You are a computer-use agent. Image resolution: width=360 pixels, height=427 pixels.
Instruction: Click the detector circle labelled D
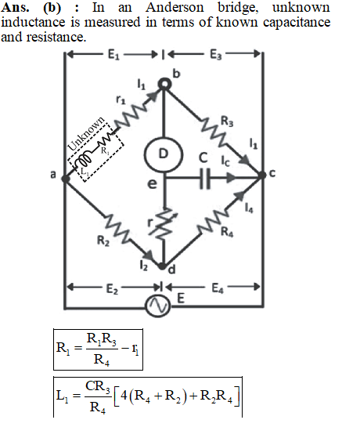tap(164, 154)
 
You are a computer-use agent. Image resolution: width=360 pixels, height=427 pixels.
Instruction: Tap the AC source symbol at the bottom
tap(158, 306)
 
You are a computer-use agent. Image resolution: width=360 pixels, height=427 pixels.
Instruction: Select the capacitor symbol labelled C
tap(204, 179)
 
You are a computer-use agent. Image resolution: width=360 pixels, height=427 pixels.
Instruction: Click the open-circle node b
tap(164, 84)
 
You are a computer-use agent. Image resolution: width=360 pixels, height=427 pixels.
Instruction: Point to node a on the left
tap(65, 179)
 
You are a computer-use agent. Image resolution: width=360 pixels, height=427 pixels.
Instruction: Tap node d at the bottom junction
tap(163, 266)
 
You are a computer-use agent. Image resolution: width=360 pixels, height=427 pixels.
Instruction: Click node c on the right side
tap(261, 175)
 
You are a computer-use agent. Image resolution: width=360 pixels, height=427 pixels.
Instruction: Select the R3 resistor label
tap(227, 121)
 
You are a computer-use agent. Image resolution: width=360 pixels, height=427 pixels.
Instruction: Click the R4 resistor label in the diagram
tap(227, 232)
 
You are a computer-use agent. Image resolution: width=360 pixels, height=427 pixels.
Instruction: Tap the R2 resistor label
tap(103, 241)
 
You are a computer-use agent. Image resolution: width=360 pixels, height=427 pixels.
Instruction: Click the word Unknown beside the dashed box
tap(86, 134)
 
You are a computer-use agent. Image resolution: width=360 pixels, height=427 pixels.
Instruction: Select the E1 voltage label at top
tap(113, 55)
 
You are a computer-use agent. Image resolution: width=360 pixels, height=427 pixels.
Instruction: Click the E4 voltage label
tap(218, 288)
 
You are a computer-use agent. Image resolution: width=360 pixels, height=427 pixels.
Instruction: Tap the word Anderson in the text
tap(175, 7)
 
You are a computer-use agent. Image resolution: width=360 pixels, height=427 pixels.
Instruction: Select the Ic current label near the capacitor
tap(225, 161)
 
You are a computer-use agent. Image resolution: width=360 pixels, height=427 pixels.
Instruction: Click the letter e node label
tap(152, 184)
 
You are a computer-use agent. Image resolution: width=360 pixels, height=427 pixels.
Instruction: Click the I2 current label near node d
tap(143, 265)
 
